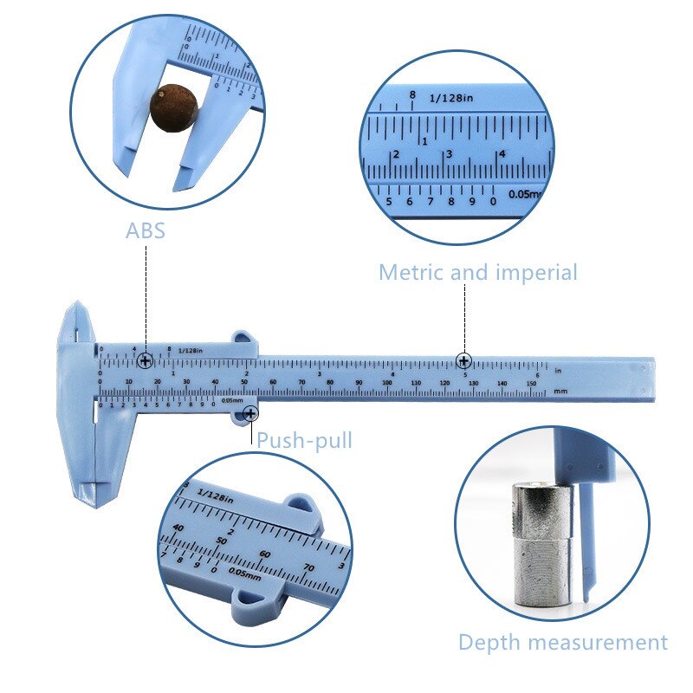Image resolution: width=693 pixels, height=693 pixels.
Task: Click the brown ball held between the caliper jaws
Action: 173,106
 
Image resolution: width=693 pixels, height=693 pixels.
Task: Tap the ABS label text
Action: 145,231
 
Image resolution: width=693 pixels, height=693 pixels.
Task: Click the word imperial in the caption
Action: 536,272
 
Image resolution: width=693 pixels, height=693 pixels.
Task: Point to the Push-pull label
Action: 304,440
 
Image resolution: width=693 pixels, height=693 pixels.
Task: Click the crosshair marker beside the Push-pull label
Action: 250,415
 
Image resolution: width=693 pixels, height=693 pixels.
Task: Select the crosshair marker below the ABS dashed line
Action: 146,359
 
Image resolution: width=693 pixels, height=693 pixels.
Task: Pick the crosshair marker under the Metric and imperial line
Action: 464,360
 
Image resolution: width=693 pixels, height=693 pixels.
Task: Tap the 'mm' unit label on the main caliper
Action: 560,392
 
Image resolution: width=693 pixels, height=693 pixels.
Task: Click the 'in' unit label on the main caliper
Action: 559,371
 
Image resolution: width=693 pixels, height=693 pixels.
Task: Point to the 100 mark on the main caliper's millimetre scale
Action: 387,382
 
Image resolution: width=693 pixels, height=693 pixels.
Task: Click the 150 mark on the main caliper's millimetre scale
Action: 531,382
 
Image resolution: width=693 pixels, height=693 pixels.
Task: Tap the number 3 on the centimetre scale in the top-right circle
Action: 449,154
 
